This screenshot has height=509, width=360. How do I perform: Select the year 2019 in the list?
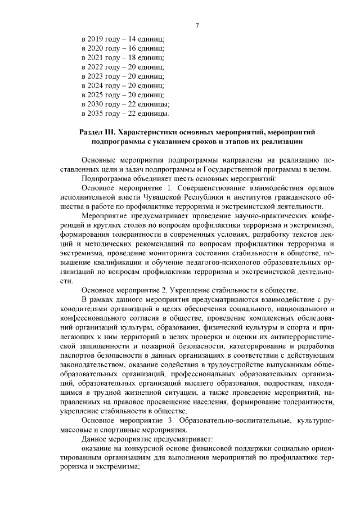[x=96, y=39]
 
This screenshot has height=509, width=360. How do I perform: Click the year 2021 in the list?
[x=96, y=57]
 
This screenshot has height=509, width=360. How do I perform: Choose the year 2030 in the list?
[x=96, y=104]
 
